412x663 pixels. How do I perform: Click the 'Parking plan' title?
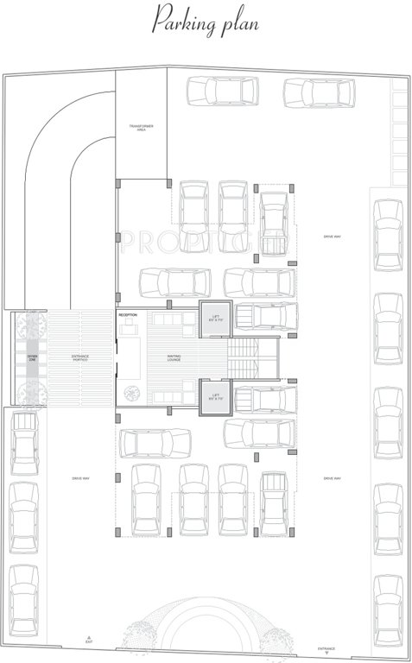click(x=206, y=20)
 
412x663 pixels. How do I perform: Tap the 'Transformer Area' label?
click(x=142, y=128)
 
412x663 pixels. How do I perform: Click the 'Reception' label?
click(x=128, y=315)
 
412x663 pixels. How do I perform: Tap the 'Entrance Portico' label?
click(x=80, y=357)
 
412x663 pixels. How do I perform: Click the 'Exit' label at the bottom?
click(x=88, y=643)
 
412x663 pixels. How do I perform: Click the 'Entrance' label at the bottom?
click(x=326, y=648)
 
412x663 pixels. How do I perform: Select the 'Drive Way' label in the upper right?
click(x=332, y=236)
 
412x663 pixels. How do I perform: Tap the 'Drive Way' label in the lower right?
click(x=332, y=478)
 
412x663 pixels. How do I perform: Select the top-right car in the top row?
click(x=319, y=92)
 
